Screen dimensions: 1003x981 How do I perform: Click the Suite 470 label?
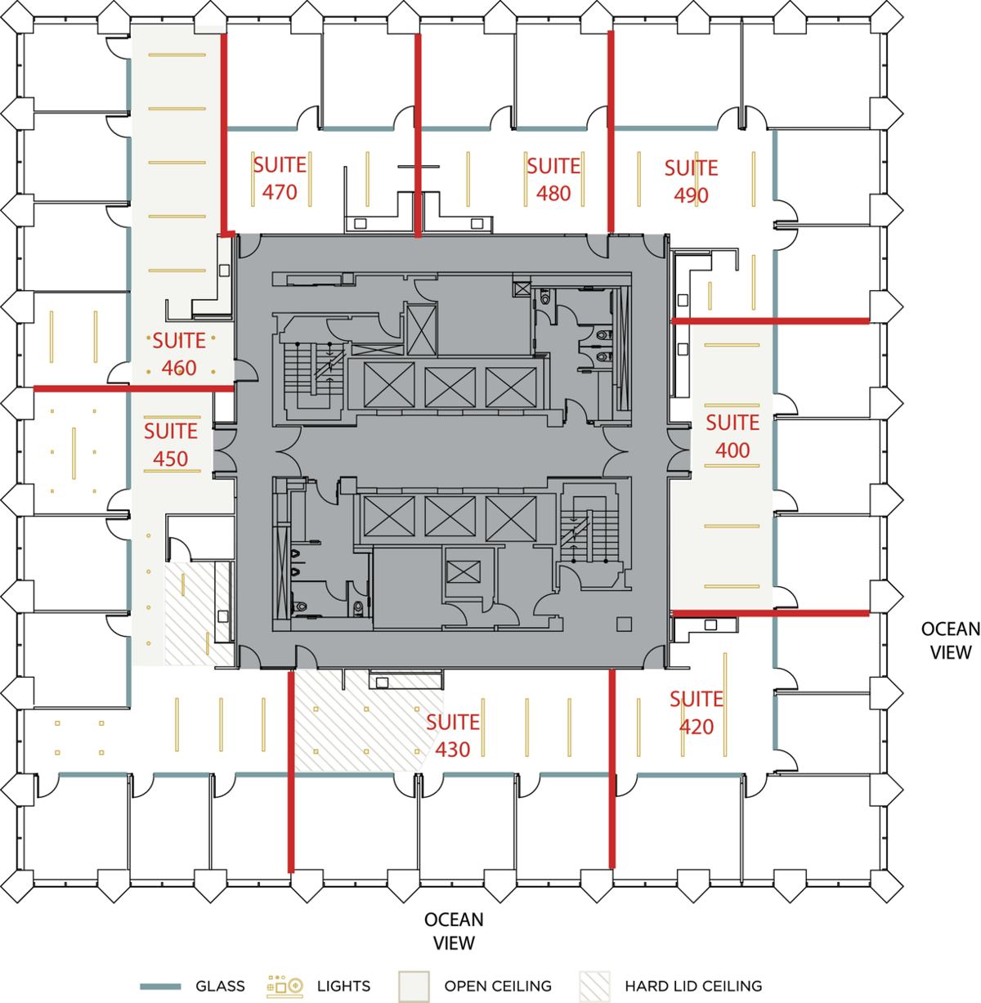click(x=280, y=178)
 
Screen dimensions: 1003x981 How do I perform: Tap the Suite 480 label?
click(x=553, y=179)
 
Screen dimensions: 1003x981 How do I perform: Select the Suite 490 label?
click(x=691, y=181)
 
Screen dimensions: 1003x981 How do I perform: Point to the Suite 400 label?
click(x=732, y=436)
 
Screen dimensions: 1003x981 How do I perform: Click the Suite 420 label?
click(x=697, y=712)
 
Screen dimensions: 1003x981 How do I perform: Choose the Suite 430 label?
click(x=453, y=735)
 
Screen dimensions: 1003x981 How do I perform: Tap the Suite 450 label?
click(x=171, y=445)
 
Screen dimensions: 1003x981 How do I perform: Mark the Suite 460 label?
click(x=179, y=354)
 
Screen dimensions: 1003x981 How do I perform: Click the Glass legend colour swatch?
click(x=160, y=987)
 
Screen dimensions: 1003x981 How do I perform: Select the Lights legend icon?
click(x=284, y=987)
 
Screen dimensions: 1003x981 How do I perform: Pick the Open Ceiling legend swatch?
click(x=414, y=987)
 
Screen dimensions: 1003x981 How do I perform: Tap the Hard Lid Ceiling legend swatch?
click(x=594, y=987)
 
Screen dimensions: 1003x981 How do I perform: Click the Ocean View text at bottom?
click(x=454, y=931)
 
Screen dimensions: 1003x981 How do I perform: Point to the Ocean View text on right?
click(x=950, y=640)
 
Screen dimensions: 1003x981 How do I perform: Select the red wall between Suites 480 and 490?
click(x=610, y=131)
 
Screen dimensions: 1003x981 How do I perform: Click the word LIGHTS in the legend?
click(x=343, y=987)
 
